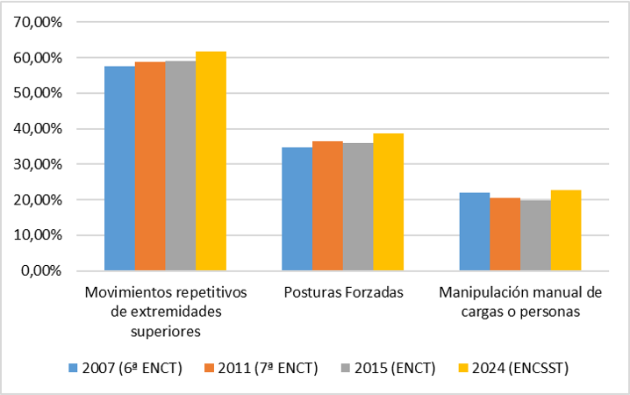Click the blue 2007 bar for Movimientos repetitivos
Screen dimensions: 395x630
(x=119, y=168)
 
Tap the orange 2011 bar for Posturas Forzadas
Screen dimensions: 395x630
(x=327, y=205)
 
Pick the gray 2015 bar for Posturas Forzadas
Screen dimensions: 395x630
(x=358, y=206)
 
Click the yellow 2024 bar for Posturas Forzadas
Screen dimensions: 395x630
(x=388, y=202)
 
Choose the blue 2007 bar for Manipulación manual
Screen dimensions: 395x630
(x=475, y=231)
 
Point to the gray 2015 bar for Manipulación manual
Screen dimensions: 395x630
(x=535, y=234)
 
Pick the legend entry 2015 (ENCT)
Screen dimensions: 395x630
(x=392, y=367)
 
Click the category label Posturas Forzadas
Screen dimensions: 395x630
(x=342, y=293)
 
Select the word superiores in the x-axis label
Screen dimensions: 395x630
(x=166, y=330)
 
